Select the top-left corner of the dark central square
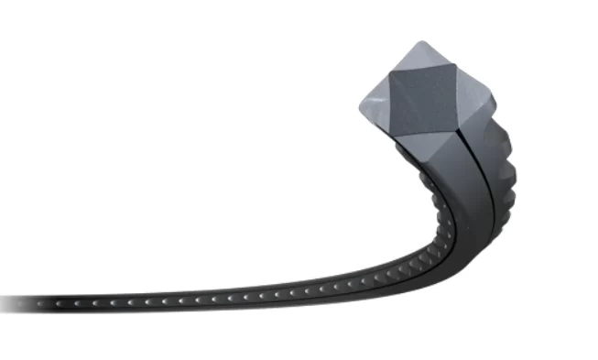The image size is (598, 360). pos(393,75)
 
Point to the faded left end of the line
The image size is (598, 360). pos(14,302)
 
